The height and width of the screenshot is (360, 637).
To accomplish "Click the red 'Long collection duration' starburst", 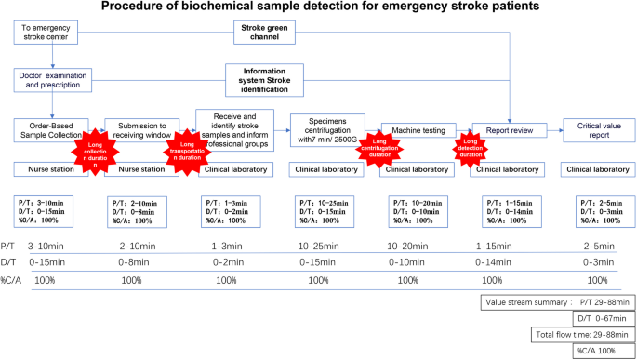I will click(95, 153).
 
